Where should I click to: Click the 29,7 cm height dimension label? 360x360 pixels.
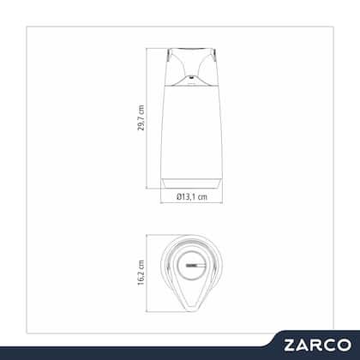[x=141, y=117]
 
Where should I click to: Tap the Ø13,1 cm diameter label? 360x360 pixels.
[x=192, y=196]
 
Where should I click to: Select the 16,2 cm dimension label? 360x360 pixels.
[x=141, y=273]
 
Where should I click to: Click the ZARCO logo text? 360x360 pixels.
[x=317, y=345]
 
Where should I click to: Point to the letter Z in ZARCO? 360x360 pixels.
[x=290, y=345]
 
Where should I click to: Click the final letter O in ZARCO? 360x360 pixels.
[x=344, y=345]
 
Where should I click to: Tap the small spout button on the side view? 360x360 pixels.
[x=191, y=77]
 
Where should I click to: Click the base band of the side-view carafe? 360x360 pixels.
[x=191, y=183]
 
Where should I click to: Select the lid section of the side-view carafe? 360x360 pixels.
[x=191, y=67]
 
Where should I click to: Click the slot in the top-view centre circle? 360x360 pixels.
[x=195, y=266]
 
